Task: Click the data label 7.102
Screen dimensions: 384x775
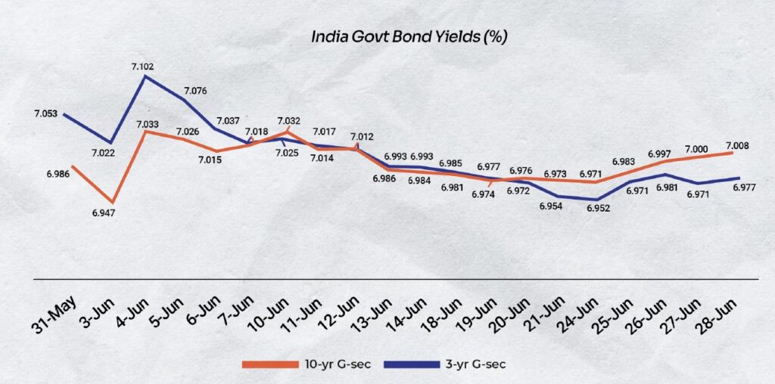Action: pos(142,67)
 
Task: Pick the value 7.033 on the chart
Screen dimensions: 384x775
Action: pos(149,124)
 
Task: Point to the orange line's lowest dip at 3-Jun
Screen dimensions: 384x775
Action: pos(112,203)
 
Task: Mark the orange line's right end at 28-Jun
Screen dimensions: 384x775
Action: pos(732,153)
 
